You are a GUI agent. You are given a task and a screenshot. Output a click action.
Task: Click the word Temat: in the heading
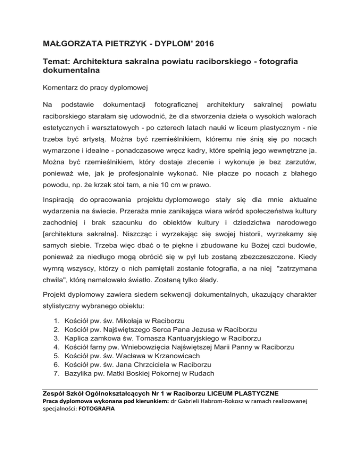tap(58, 62)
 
